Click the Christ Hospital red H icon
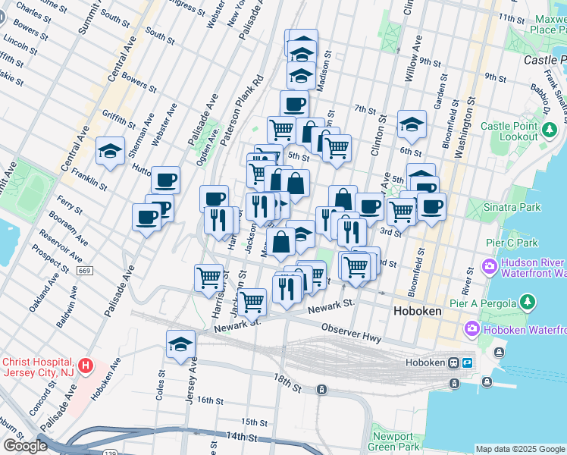pyautogui.click(x=86, y=366)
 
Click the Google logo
pyautogui.click(x=25, y=446)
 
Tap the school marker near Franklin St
pyautogui.click(x=110, y=150)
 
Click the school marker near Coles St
pyautogui.click(x=180, y=344)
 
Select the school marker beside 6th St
pyautogui.click(x=412, y=124)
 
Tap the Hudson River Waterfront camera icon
pyautogui.click(x=488, y=267)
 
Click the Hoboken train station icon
pyautogui.click(x=453, y=362)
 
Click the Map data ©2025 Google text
pyautogui.click(x=519, y=449)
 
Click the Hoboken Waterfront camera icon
pyautogui.click(x=473, y=329)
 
